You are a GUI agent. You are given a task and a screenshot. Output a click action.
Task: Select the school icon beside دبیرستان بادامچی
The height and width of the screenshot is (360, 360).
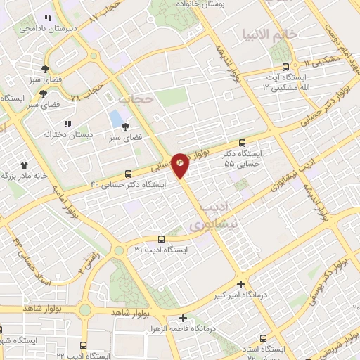[x=48, y=18]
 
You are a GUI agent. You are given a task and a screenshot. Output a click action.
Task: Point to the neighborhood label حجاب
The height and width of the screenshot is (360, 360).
[x=136, y=99]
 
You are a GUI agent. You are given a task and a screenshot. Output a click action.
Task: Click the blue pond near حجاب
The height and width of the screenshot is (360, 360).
[x=115, y=118]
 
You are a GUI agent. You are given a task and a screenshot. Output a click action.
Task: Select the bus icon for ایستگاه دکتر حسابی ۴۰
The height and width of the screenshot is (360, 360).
[x=128, y=174]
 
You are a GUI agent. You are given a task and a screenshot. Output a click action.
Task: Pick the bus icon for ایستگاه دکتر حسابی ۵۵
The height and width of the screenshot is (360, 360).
[x=243, y=142]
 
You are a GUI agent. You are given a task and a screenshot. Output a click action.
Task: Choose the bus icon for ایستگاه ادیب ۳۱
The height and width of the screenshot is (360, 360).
[x=162, y=240]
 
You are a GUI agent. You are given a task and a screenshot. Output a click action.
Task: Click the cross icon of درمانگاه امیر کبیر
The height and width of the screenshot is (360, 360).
[x=241, y=285]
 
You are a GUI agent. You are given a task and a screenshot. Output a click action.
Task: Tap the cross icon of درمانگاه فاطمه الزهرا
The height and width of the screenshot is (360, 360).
[x=184, y=318]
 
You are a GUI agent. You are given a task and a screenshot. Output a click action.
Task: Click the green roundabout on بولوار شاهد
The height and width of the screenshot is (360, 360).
[x=86, y=309]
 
